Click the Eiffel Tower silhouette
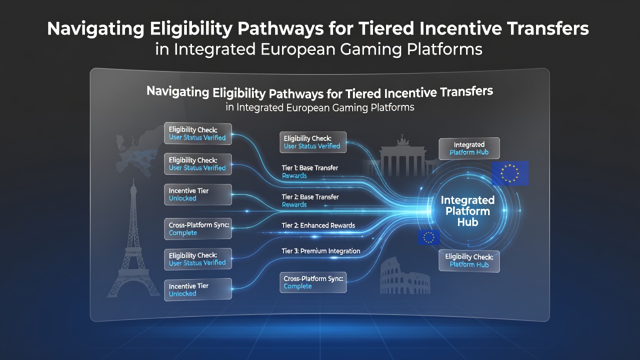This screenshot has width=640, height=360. coord(133,245)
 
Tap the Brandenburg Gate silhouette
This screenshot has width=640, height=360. coord(402,158)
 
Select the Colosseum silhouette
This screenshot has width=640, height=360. coord(405,276)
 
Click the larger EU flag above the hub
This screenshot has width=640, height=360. coord(510,173)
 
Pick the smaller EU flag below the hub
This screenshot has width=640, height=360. coord(428,237)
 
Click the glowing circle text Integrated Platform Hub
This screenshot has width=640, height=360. coord(467,211)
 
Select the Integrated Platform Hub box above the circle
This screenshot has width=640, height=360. coord(469,148)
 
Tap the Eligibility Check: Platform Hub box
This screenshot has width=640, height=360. coord(469,260)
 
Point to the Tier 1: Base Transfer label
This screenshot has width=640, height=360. coord(309,171)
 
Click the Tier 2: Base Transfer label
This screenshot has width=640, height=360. coord(310,200)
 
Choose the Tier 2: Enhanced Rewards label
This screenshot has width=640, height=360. coord(318,225)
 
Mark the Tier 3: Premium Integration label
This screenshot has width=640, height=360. coord(321,251)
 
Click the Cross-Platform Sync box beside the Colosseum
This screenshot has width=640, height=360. coord(313,282)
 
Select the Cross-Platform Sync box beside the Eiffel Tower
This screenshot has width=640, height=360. coord(198,229)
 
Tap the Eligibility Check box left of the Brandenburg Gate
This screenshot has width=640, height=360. coord(313,142)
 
